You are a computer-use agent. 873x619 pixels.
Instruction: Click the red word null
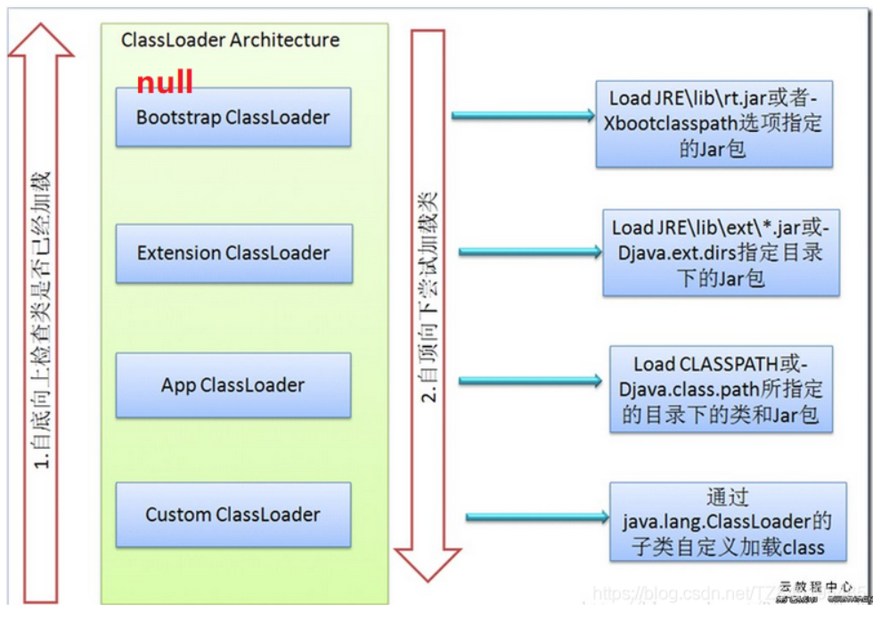pyautogui.click(x=165, y=82)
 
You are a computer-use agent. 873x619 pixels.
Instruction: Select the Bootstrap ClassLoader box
pyautogui.click(x=233, y=117)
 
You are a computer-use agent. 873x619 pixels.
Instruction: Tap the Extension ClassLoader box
pyautogui.click(x=233, y=253)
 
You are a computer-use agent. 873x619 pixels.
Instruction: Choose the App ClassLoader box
pyautogui.click(x=233, y=385)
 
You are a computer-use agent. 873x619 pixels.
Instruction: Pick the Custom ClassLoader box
pyautogui.click(x=233, y=515)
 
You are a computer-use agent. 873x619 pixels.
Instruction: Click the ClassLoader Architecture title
pyautogui.click(x=230, y=40)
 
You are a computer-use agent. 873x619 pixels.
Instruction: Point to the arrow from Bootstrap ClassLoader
pyautogui.click(x=523, y=115)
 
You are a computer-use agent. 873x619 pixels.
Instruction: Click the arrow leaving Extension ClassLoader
pyautogui.click(x=530, y=252)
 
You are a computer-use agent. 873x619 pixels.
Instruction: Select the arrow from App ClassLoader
pyautogui.click(x=530, y=381)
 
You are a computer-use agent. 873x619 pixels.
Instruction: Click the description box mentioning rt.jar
pyautogui.click(x=714, y=123)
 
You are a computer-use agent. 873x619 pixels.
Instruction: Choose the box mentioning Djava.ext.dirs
pyautogui.click(x=720, y=253)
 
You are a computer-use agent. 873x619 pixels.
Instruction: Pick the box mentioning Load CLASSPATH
pyautogui.click(x=721, y=389)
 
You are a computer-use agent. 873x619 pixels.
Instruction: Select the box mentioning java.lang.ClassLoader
pyautogui.click(x=727, y=522)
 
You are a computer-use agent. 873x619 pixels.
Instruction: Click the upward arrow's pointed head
pyautogui.click(x=41, y=40)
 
